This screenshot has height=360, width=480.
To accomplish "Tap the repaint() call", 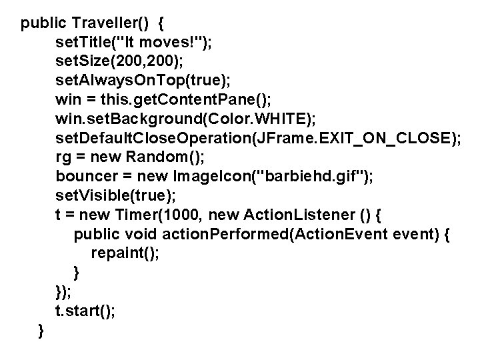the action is (125, 254).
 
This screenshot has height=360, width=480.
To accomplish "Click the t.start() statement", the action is (86, 311).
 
